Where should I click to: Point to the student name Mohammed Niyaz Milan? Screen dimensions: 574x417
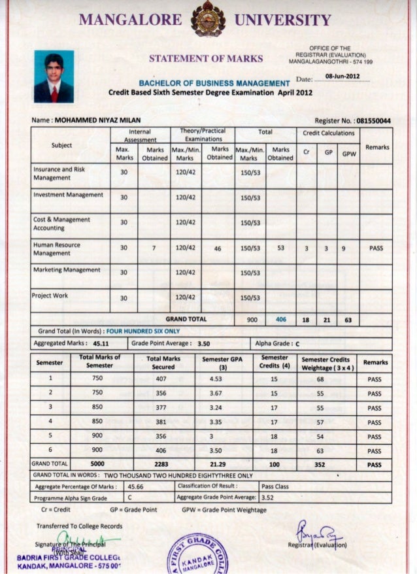click(96, 122)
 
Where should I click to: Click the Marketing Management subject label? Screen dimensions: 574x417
click(67, 269)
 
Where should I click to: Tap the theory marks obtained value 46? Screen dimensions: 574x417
click(217, 248)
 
